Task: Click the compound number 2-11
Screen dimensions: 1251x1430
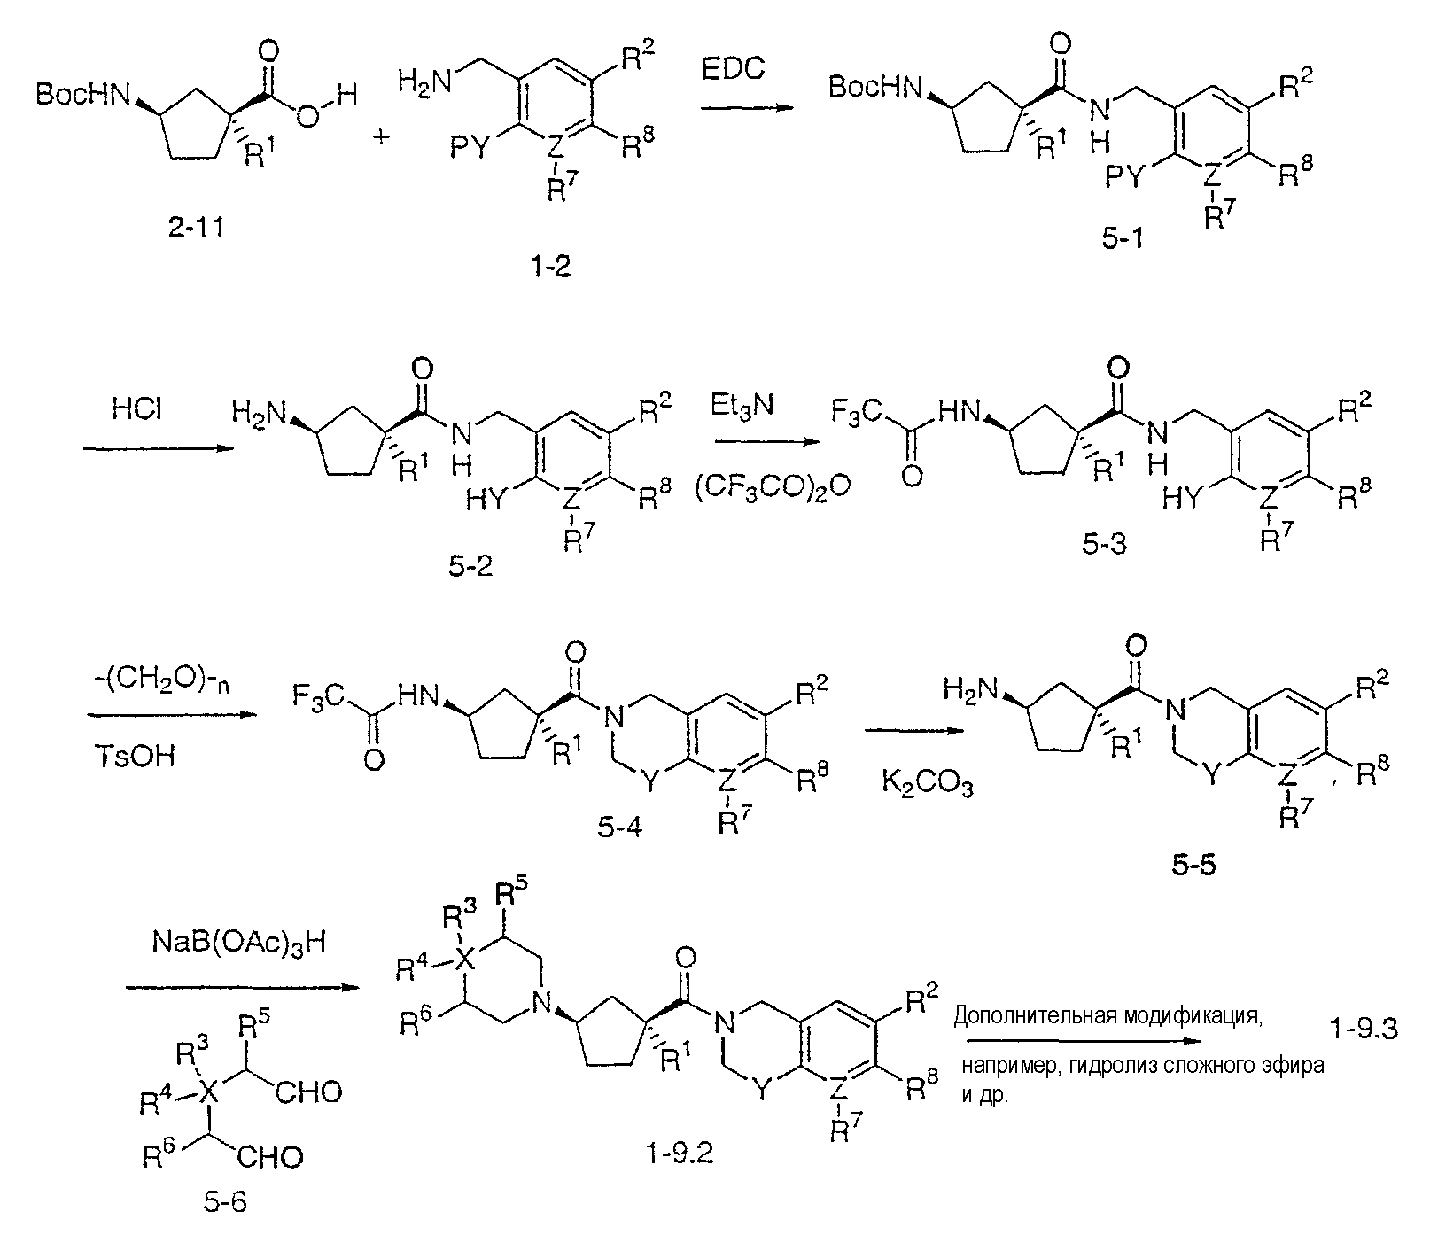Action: click(194, 229)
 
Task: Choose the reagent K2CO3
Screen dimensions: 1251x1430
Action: click(927, 782)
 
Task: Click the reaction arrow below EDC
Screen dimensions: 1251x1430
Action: click(745, 107)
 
